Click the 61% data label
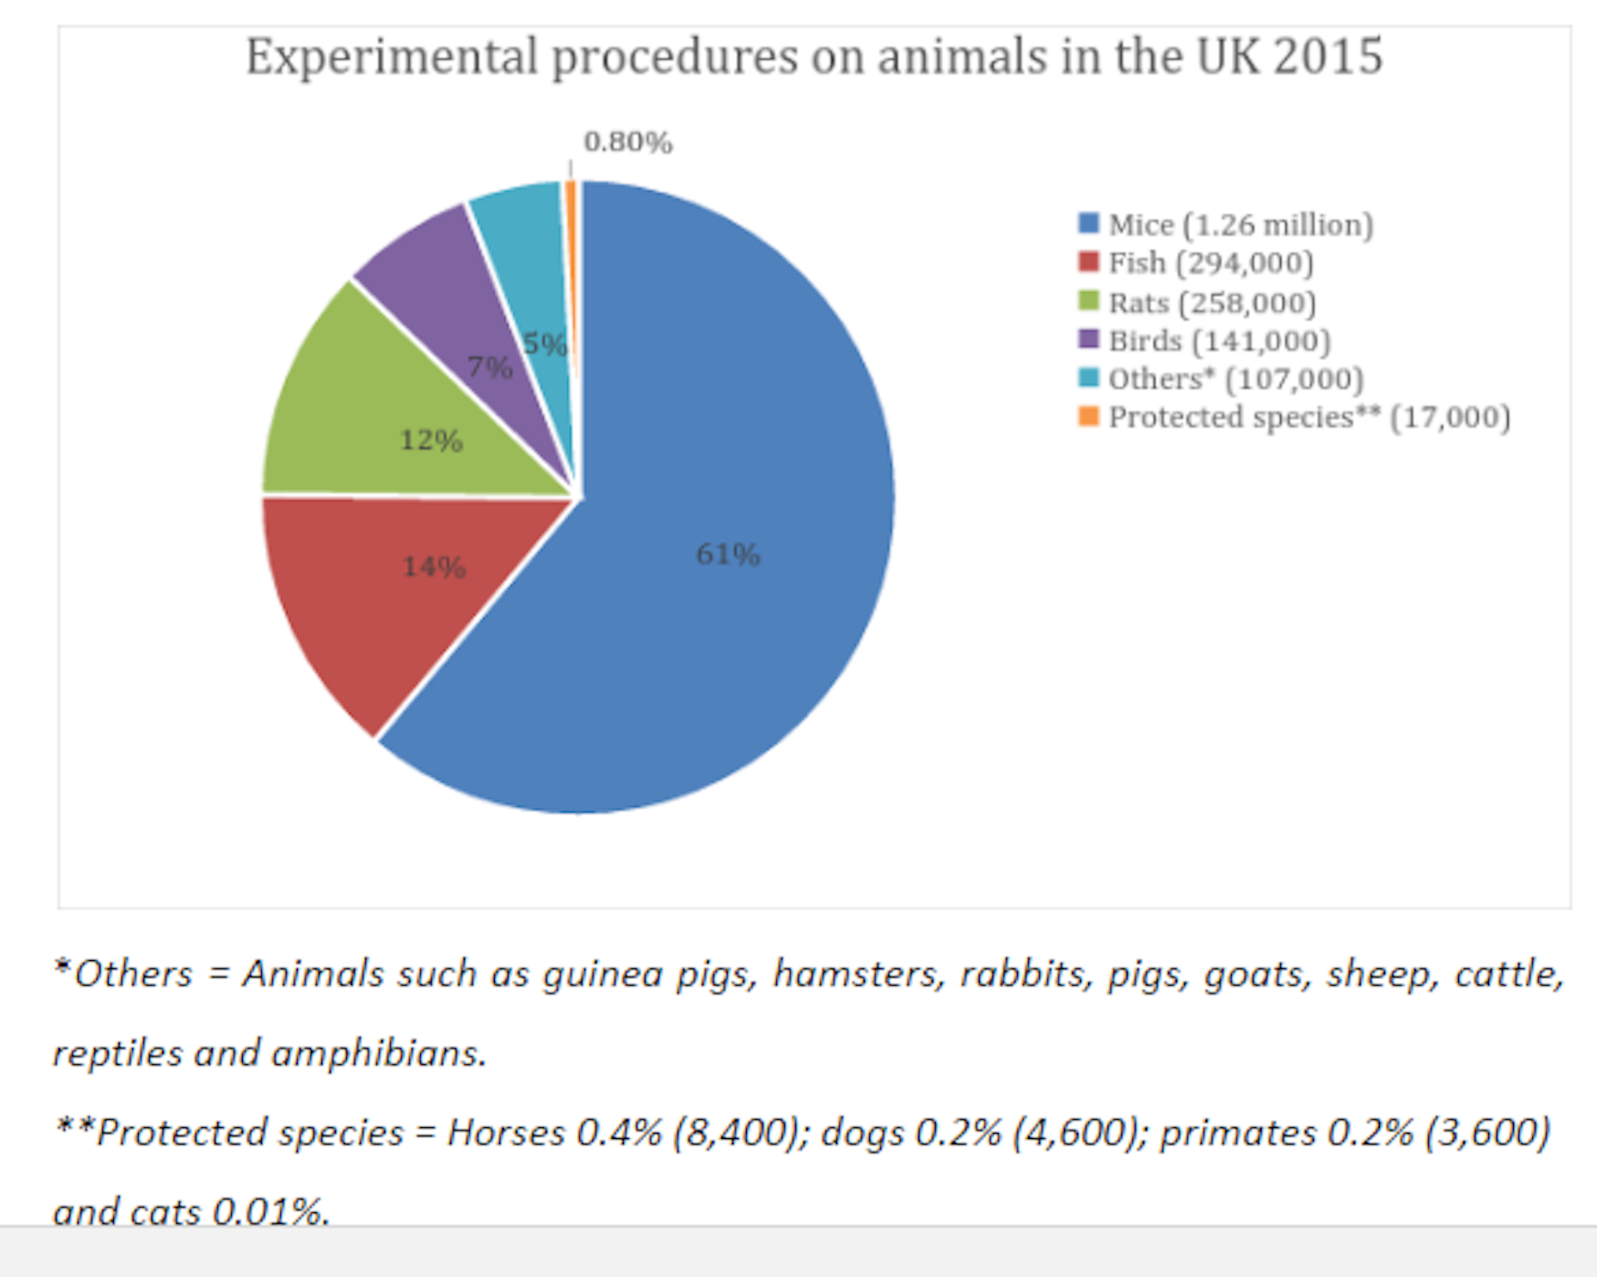coord(728,554)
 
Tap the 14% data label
coord(433,567)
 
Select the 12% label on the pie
coord(431,439)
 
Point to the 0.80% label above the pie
coord(628,142)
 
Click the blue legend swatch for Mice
coord(1088,223)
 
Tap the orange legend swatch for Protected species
coord(1088,416)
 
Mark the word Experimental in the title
coord(392,57)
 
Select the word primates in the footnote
coord(1238,1132)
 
